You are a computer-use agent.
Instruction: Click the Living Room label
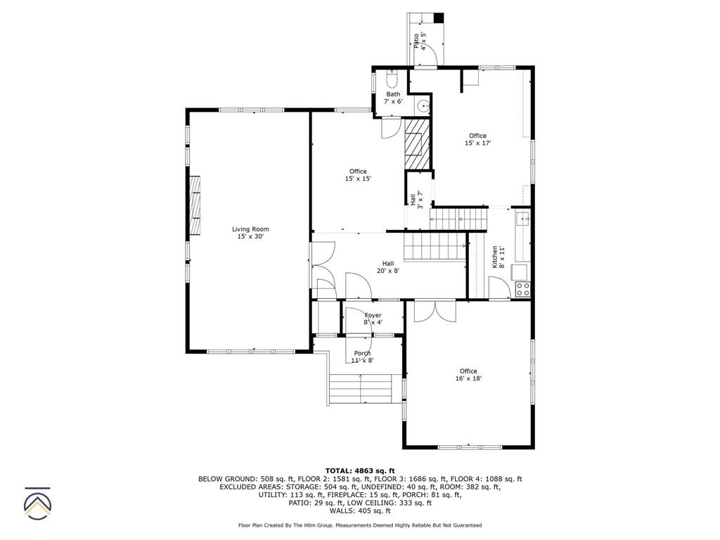click(250, 233)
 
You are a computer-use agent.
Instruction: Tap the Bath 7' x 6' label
click(393, 98)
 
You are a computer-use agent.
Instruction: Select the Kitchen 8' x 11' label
click(497, 256)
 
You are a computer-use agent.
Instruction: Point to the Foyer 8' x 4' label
click(373, 319)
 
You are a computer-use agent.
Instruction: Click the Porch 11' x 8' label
click(362, 356)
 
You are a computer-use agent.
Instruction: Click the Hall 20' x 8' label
click(387, 266)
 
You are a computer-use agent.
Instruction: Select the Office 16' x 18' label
click(468, 375)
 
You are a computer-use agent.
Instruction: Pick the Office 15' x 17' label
click(477, 139)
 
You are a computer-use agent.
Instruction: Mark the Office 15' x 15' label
click(358, 175)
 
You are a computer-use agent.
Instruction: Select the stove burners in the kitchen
click(522, 287)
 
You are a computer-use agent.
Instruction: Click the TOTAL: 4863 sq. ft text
click(360, 470)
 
